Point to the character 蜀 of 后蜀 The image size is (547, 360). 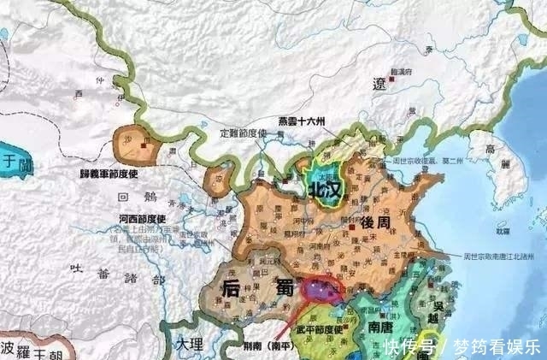(284, 288)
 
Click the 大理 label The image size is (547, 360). (190, 344)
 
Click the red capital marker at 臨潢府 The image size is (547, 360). (391, 78)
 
